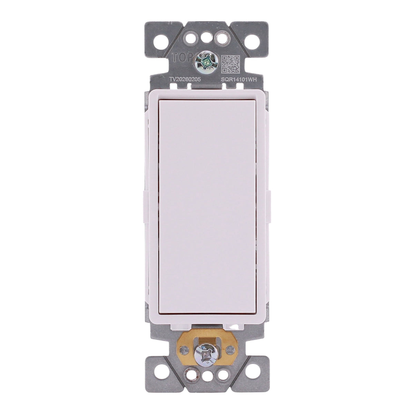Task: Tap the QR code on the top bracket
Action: click(x=230, y=64)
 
